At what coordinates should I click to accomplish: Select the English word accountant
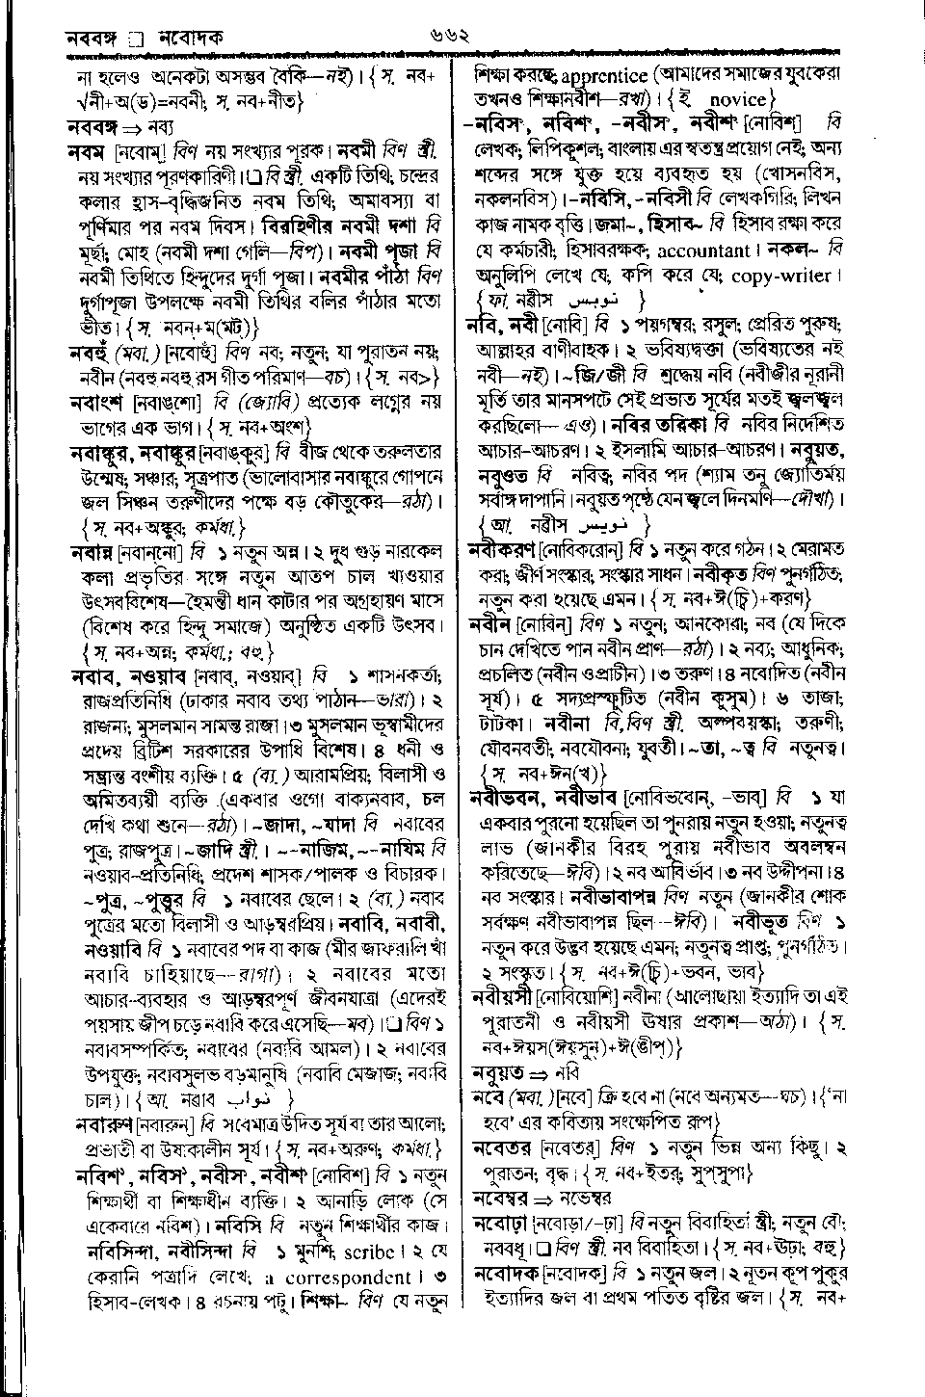703,250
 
